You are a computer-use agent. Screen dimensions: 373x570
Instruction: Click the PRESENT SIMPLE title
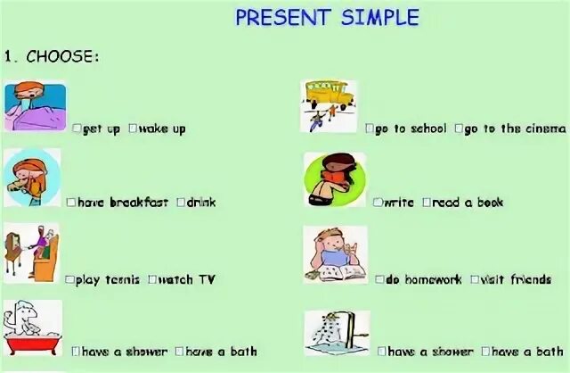coord(327,17)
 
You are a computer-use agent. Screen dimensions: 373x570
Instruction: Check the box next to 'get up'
coord(77,128)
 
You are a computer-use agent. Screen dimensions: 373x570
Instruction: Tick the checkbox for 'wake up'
coord(133,128)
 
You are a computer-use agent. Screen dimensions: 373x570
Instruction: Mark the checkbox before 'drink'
coord(181,203)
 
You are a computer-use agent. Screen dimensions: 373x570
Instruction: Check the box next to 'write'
coord(377,203)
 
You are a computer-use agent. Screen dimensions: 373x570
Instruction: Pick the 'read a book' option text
coord(468,203)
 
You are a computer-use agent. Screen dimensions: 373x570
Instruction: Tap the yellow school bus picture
coord(328,103)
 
